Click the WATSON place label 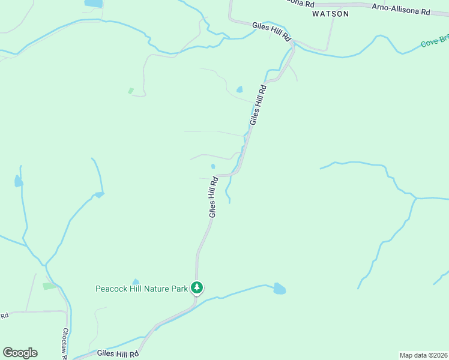(330, 13)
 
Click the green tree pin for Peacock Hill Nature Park (197, 288)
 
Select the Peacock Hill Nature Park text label (142, 289)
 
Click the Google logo (20, 353)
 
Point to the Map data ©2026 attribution (423, 355)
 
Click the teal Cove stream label (435, 41)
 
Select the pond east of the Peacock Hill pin (279, 289)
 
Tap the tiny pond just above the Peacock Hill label (136, 281)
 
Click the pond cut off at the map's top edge (94, 3)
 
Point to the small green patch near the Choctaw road (49, 286)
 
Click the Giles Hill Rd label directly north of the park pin (213, 197)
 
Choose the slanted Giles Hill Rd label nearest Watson (258, 104)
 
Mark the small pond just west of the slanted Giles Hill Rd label (240, 90)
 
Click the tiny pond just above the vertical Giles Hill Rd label (213, 166)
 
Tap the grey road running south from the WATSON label (328, 36)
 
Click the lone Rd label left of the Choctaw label (4, 315)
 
